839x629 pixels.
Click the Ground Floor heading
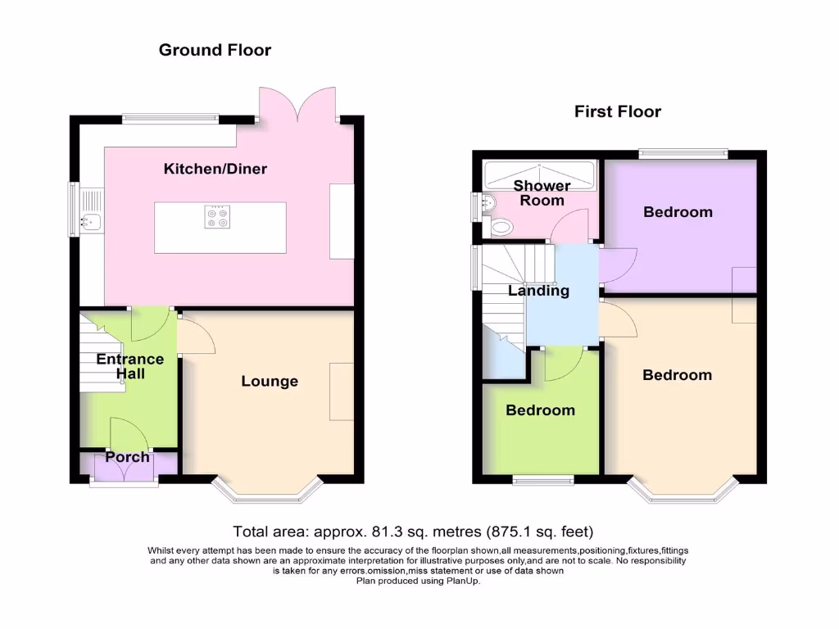click(x=215, y=50)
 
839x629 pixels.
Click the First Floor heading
click(x=617, y=111)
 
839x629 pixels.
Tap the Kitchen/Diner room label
click(x=215, y=170)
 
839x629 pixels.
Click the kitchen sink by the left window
click(x=89, y=219)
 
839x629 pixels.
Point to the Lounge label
click(x=270, y=381)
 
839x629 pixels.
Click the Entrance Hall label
click(x=129, y=366)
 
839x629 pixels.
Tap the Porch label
click(x=127, y=457)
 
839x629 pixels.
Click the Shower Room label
click(x=542, y=193)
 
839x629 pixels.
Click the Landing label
click(x=538, y=291)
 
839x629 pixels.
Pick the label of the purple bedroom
click(x=678, y=212)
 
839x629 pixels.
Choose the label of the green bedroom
click(x=540, y=410)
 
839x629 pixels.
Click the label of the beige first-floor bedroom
click(x=677, y=375)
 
